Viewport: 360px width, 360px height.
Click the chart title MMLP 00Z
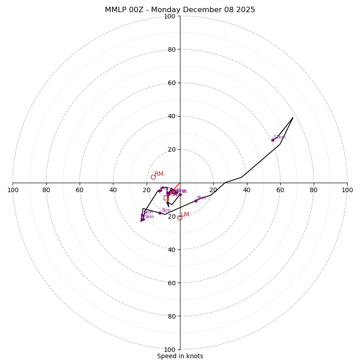pos(180,10)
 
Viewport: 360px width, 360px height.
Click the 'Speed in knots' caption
pos(180,356)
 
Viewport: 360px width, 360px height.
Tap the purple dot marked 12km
pos(273,140)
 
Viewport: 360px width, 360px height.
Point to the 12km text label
pos(279,137)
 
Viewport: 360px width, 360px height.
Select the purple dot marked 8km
pos(196,201)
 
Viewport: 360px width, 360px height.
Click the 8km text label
pos(202,198)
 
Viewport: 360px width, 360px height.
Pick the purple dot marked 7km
pos(160,213)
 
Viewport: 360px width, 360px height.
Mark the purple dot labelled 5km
pos(143,220)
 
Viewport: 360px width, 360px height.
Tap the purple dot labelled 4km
pos(159,191)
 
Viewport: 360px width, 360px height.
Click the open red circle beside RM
pos(153,177)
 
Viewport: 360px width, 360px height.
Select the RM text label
pos(159,174)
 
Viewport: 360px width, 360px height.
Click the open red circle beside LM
pos(180,218)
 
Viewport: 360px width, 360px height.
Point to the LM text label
pos(185,214)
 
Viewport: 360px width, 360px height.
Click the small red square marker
pos(166,198)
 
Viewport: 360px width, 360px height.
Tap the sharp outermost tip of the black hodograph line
pos(293,117)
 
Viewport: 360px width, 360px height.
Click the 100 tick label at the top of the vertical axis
pos(170,16)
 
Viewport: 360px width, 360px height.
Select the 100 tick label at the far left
pos(13,190)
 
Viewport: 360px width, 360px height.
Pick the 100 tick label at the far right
pos(347,190)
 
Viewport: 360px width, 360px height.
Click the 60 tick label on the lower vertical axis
pos(171,283)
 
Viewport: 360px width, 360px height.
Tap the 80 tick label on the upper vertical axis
pos(171,49)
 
